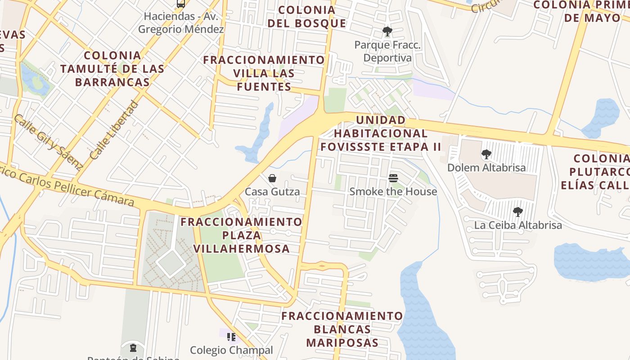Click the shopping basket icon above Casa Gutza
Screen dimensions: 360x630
[272, 178]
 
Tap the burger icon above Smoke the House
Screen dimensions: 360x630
[393, 178]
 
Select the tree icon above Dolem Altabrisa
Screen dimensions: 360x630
[486, 155]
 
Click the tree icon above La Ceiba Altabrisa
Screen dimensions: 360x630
[518, 211]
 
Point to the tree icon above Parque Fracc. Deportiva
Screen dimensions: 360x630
[387, 31]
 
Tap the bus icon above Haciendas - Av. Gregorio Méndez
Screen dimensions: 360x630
[181, 4]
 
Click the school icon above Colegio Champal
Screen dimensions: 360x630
[231, 337]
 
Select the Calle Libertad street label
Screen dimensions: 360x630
[112, 130]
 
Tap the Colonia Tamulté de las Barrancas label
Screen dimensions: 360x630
[112, 69]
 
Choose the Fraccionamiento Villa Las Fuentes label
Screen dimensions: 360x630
[264, 73]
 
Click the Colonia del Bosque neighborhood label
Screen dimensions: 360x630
[307, 17]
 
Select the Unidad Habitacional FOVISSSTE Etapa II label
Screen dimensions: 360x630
[381, 133]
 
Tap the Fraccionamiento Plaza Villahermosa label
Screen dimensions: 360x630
[241, 235]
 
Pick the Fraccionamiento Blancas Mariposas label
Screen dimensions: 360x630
[342, 329]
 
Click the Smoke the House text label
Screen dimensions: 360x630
[393, 192]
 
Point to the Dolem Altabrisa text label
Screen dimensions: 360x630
[486, 168]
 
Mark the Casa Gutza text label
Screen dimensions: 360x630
[272, 192]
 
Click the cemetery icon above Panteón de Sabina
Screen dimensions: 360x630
[133, 347]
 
